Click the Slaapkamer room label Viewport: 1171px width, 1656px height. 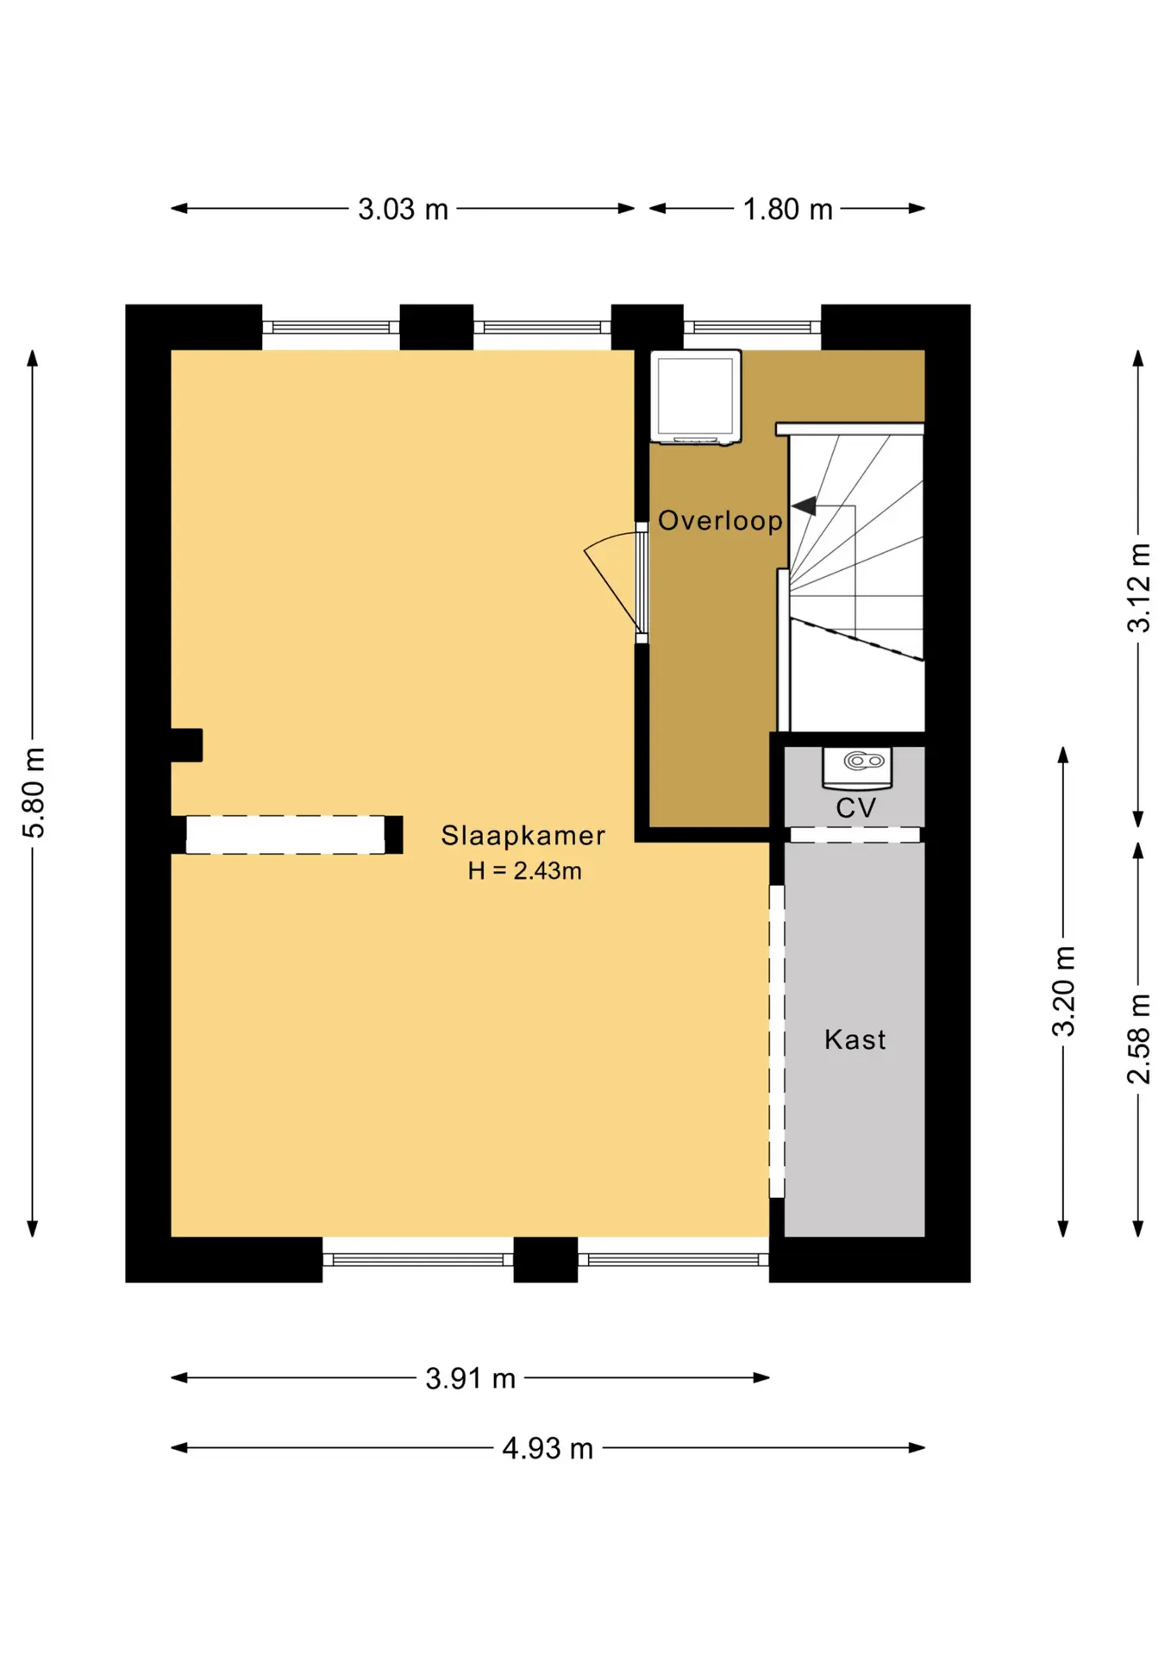523,836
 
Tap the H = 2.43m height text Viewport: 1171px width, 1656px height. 524,871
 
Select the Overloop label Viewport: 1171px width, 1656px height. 720,520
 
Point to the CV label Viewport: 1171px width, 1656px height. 855,808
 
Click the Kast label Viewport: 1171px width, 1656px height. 855,1039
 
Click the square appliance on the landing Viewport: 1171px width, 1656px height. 696,398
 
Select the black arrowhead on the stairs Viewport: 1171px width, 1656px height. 805,506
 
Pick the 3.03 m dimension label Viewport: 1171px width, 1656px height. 403,209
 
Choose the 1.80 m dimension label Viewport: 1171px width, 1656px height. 787,209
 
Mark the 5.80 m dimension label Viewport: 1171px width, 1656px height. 33,793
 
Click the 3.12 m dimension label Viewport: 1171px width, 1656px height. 1138,587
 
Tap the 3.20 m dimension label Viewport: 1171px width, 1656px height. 1063,991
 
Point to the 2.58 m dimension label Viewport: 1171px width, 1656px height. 1138,1038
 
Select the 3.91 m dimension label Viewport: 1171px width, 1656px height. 470,1378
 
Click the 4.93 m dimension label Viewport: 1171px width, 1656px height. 548,1448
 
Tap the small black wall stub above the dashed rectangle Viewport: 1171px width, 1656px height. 186,745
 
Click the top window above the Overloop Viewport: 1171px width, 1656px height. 752,327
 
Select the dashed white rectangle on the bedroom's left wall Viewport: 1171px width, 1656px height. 285,835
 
